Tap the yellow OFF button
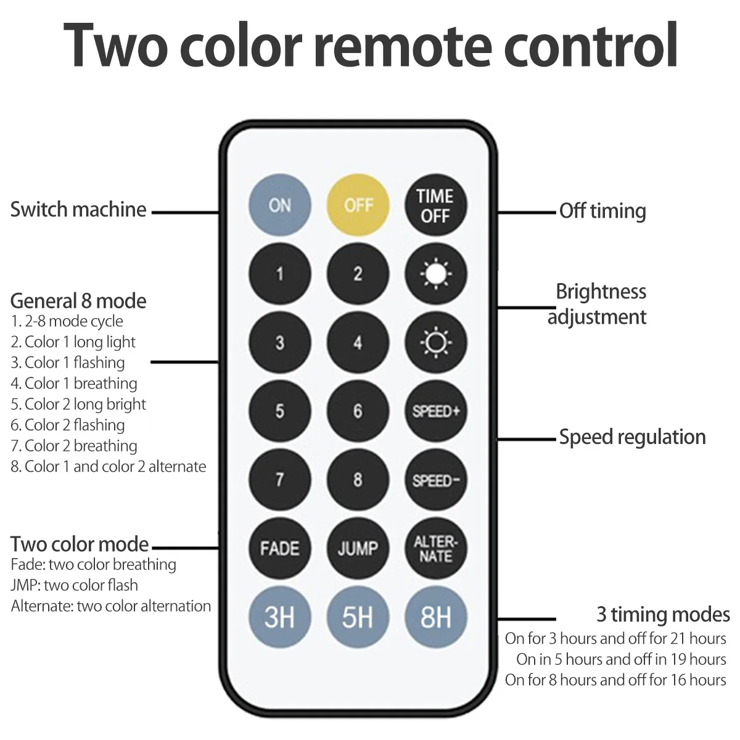pyautogui.click(x=358, y=205)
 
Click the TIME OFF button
pyautogui.click(x=435, y=205)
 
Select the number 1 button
pyautogui.click(x=279, y=274)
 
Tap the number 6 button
pyautogui.click(x=358, y=411)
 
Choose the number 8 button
pyautogui.click(x=358, y=480)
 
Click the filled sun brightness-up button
pyautogui.click(x=435, y=274)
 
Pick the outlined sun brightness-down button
pyautogui.click(x=435, y=342)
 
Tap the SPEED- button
pyautogui.click(x=435, y=480)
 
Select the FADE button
pyautogui.click(x=279, y=548)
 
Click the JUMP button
pyautogui.click(x=358, y=548)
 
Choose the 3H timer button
pyautogui.click(x=279, y=617)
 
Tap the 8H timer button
pyautogui.click(x=435, y=617)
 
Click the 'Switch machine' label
pyautogui.click(x=78, y=210)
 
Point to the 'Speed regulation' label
pyautogui.click(x=632, y=437)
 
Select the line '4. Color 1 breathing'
pyautogui.click(x=74, y=384)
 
